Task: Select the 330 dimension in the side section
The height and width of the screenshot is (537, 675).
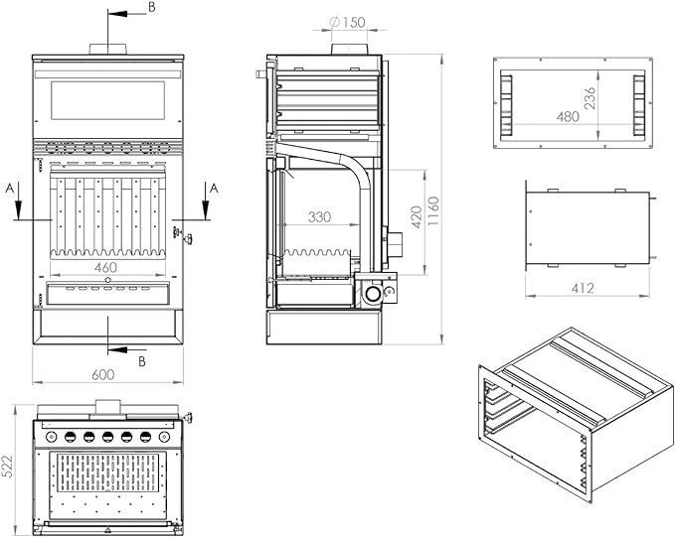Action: (319, 216)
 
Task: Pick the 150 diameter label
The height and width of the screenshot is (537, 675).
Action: (345, 22)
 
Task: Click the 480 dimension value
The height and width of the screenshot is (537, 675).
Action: (568, 117)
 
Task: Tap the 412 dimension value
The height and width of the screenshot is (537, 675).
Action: (583, 289)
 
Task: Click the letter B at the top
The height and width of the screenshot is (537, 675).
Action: (151, 8)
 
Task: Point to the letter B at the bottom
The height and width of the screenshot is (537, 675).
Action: (141, 361)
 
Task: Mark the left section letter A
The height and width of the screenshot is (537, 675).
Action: (9, 186)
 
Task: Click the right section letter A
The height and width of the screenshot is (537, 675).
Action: (214, 187)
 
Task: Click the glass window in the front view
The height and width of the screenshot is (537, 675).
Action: (106, 96)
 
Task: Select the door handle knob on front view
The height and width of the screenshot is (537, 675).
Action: (181, 236)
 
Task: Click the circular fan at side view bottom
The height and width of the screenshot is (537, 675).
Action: (373, 294)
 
